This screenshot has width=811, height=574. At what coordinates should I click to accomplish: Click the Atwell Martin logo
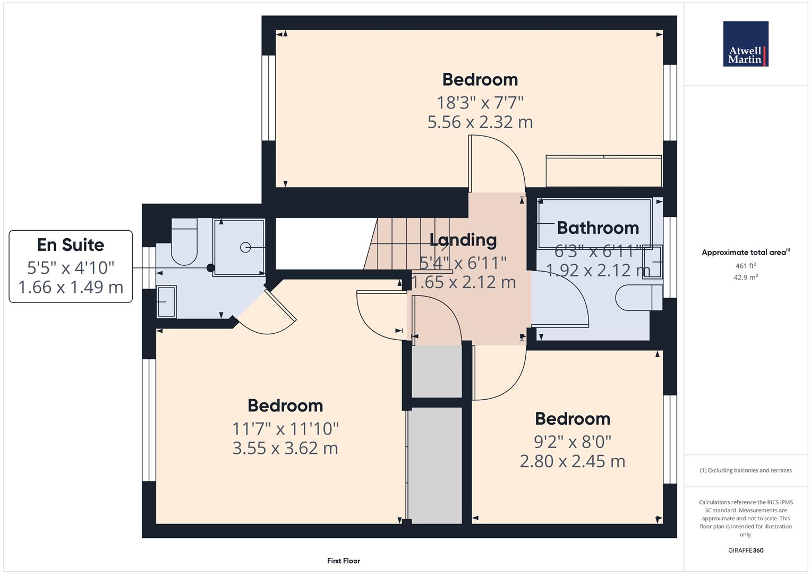(746, 44)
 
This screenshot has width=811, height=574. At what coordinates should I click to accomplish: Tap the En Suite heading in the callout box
(71, 245)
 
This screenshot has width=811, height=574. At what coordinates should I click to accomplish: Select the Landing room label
(463, 240)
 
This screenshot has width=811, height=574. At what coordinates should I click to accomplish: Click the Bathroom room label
(597, 228)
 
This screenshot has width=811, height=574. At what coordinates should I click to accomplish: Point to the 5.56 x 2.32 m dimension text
(480, 122)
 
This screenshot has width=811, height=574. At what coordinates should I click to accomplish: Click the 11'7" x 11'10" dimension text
(285, 428)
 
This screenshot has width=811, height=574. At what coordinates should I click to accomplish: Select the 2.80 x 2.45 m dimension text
(572, 461)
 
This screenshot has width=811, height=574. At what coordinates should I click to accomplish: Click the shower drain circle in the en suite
(245, 247)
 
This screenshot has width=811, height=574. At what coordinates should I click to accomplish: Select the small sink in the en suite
(166, 302)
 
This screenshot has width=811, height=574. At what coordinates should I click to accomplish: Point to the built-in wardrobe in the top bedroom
(603, 171)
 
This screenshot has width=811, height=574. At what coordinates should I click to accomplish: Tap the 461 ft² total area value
(745, 266)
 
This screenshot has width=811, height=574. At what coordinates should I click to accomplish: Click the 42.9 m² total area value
(745, 277)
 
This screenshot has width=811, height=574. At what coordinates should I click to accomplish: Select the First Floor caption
(343, 561)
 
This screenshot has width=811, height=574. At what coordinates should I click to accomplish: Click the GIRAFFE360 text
(745, 550)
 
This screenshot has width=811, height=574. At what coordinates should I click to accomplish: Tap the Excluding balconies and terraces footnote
(745, 470)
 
